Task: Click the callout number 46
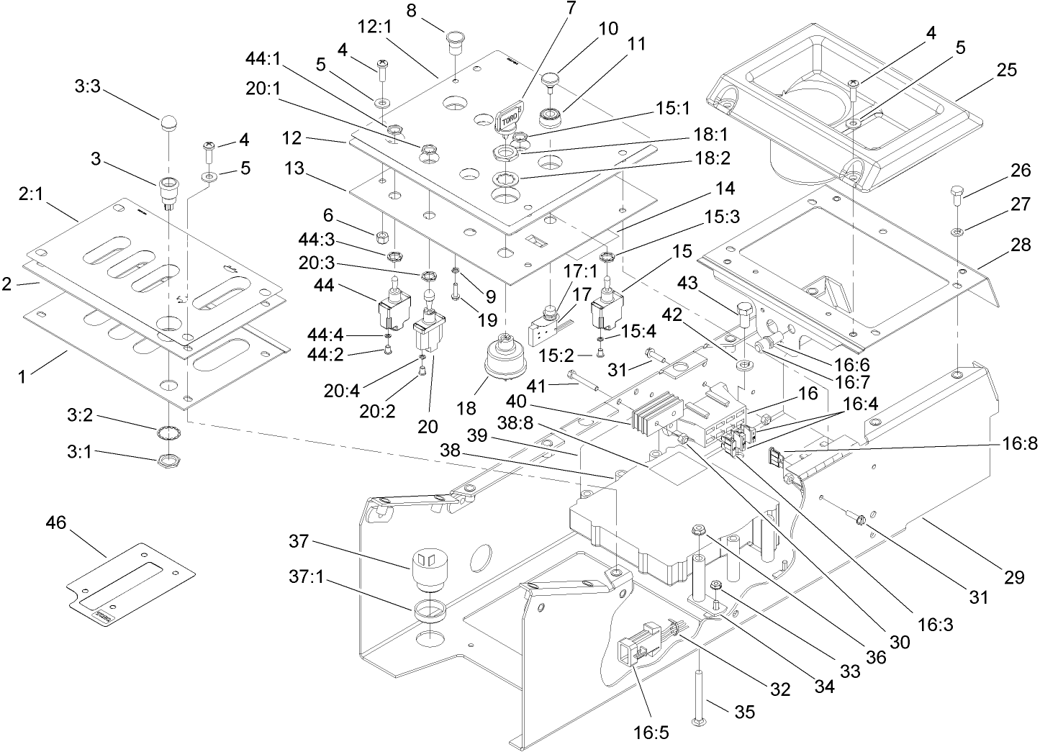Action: [55, 523]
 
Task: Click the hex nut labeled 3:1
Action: [168, 458]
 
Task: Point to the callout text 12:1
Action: [374, 27]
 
